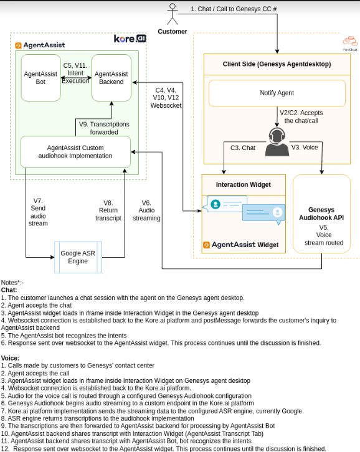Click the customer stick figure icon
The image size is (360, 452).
[173, 14]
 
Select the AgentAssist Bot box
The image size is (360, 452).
[40, 78]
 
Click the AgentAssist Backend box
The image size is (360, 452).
[111, 78]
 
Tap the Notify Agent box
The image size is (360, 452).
[277, 93]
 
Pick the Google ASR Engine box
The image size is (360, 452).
[78, 257]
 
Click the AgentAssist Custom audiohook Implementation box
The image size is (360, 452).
[75, 151]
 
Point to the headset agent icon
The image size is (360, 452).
[277, 142]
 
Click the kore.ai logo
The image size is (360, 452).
[130, 39]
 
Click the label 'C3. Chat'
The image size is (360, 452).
[243, 148]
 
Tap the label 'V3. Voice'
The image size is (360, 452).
[305, 148]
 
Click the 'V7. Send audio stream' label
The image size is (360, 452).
[37, 212]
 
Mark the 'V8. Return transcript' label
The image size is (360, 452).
[108, 210]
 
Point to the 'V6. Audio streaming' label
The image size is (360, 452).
[146, 210]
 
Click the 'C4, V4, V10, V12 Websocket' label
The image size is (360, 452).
[166, 98]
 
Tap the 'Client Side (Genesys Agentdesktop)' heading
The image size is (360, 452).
[277, 64]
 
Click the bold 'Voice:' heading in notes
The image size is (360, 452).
[10, 358]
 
